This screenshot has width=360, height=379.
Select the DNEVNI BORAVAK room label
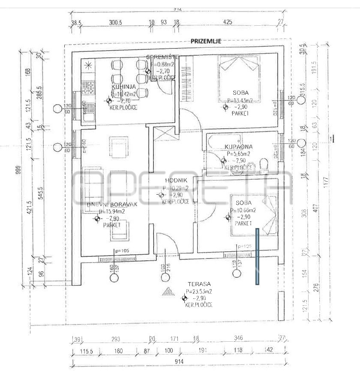(x=112, y=205)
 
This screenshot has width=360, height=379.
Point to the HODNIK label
(x=173, y=181)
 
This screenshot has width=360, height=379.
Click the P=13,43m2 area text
(x=240, y=100)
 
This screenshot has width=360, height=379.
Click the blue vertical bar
(x=257, y=256)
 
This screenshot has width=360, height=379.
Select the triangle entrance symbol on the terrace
(x=167, y=292)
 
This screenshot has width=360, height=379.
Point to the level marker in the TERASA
(x=184, y=298)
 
